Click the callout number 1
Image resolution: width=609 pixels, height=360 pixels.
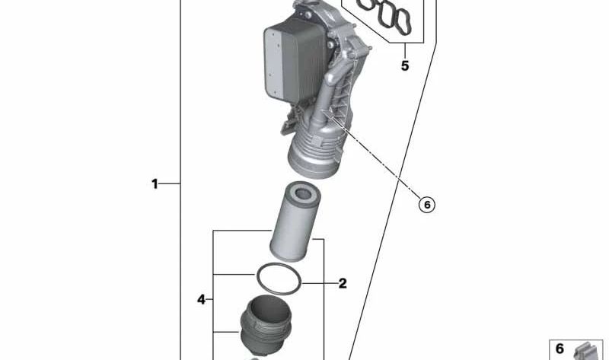[155, 183]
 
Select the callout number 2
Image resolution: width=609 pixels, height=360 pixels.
[342, 283]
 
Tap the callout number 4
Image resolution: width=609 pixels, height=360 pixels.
[201, 299]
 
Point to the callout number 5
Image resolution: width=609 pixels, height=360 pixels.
[405, 65]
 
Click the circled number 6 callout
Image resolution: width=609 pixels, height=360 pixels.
[427, 205]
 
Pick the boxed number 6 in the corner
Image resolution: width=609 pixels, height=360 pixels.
[560, 349]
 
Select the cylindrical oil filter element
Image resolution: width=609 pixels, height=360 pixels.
[295, 221]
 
